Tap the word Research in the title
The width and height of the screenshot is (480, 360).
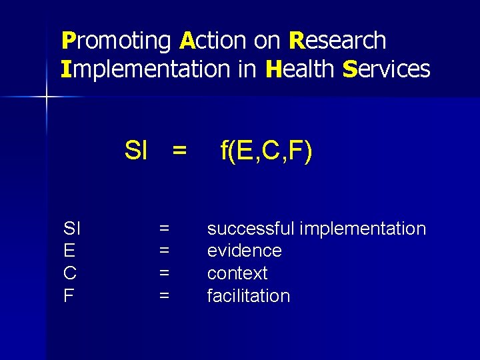point(337,41)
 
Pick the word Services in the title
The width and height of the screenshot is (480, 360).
point(386,69)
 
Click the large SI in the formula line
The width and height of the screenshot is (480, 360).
point(136,151)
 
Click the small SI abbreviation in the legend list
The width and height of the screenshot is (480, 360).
point(71,229)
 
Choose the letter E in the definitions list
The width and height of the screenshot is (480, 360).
point(69,251)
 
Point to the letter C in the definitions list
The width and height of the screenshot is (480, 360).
point(69,273)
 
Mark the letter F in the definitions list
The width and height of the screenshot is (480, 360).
point(69,296)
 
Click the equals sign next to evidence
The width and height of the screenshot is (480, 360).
point(164,251)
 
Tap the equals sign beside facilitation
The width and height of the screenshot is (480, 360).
point(164,296)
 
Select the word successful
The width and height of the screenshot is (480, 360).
point(251,229)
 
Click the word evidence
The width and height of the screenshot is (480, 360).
point(244,251)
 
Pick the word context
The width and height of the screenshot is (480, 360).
point(237,273)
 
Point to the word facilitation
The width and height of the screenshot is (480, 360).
point(248,296)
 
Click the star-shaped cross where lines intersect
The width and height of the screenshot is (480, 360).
point(47,97)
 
